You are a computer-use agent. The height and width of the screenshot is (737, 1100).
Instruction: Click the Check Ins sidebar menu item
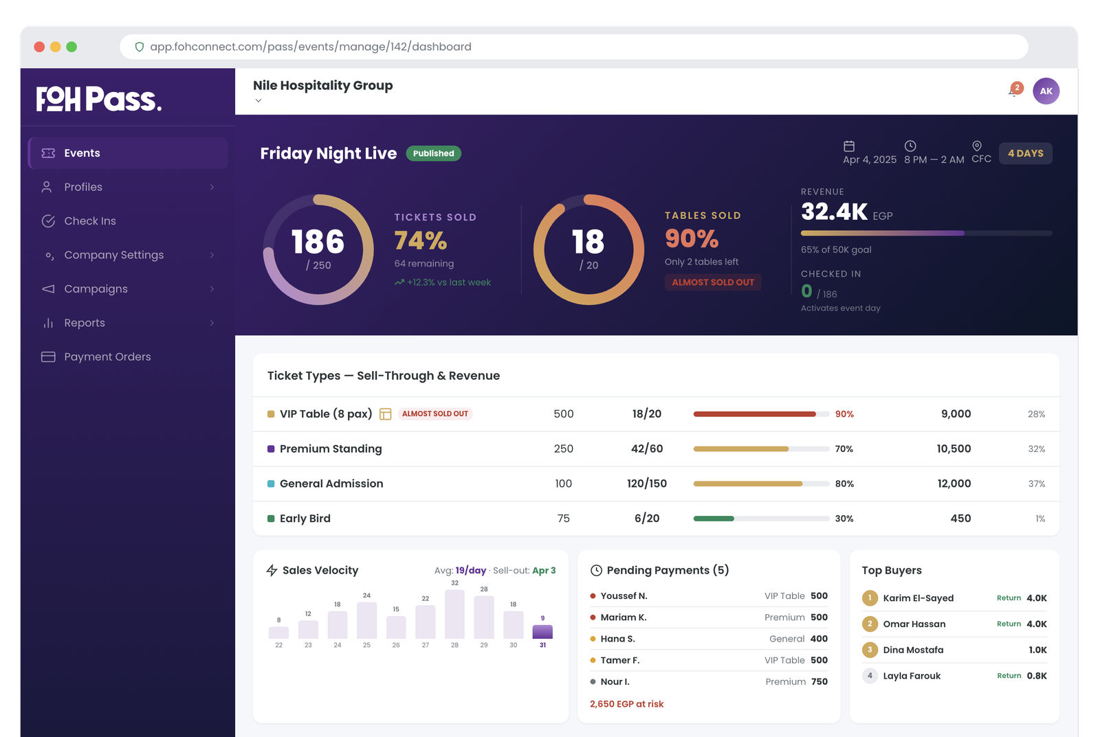coord(89,221)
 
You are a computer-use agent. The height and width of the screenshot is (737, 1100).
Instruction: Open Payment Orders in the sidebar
coord(107,357)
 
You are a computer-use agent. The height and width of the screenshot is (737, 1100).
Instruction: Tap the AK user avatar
coord(1046,91)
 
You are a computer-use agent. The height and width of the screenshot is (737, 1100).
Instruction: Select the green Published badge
coord(433,154)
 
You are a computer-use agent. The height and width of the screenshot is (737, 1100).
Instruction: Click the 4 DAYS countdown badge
coord(1025,154)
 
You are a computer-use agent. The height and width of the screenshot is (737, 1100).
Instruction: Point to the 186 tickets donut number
coord(318,242)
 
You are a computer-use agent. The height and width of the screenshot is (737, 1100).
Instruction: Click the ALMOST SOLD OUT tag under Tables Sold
coord(713,282)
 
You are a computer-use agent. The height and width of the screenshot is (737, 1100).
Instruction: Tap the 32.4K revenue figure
coord(834,212)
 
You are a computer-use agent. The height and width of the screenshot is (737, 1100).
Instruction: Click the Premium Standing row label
coord(330,449)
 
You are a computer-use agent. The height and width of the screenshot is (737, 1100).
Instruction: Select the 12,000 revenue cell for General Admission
coord(954,484)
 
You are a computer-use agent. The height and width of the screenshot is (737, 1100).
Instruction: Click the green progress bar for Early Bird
coord(714,519)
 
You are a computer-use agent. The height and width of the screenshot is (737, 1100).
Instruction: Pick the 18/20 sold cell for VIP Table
coord(646,414)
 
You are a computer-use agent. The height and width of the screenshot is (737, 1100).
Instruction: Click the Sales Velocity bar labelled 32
coord(454,614)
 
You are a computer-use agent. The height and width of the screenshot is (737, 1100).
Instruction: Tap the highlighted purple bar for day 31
coord(542,632)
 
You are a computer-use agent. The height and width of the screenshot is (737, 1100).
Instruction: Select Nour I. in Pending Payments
coord(615,682)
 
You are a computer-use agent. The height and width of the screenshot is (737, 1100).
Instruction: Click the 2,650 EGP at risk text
coord(626,704)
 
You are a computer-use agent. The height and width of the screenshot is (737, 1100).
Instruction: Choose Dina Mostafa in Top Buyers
coord(913,650)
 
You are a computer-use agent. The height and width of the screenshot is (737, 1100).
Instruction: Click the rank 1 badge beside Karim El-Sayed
coord(870,598)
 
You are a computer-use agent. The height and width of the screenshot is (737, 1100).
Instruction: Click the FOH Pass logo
coord(98,100)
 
